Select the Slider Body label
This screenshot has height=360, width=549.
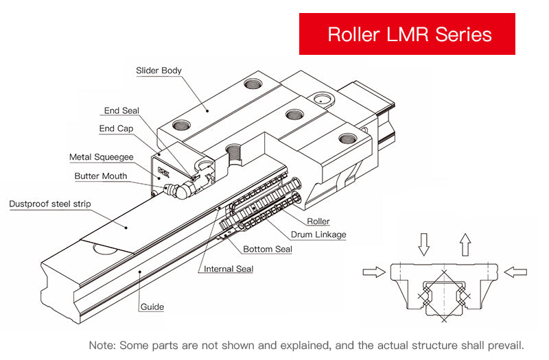click(x=159, y=71)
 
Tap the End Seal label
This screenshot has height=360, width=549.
click(x=121, y=110)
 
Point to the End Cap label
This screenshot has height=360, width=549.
click(x=116, y=128)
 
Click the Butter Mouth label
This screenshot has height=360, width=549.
click(x=101, y=176)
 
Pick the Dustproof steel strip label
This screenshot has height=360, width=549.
click(x=49, y=204)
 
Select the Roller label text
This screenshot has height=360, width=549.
click(x=318, y=221)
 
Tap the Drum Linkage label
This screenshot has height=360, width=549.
click(x=319, y=235)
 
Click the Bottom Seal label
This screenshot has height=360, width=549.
click(x=268, y=249)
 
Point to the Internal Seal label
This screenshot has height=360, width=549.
click(x=229, y=269)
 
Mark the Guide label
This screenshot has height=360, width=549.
click(x=152, y=307)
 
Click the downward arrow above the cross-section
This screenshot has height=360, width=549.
click(x=424, y=244)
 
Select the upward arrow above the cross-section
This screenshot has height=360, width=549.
click(x=465, y=244)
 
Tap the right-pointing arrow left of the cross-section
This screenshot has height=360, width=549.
click(x=374, y=272)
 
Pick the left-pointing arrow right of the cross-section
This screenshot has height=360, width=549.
click(x=515, y=272)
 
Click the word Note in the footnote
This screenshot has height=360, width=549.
click(x=103, y=344)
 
